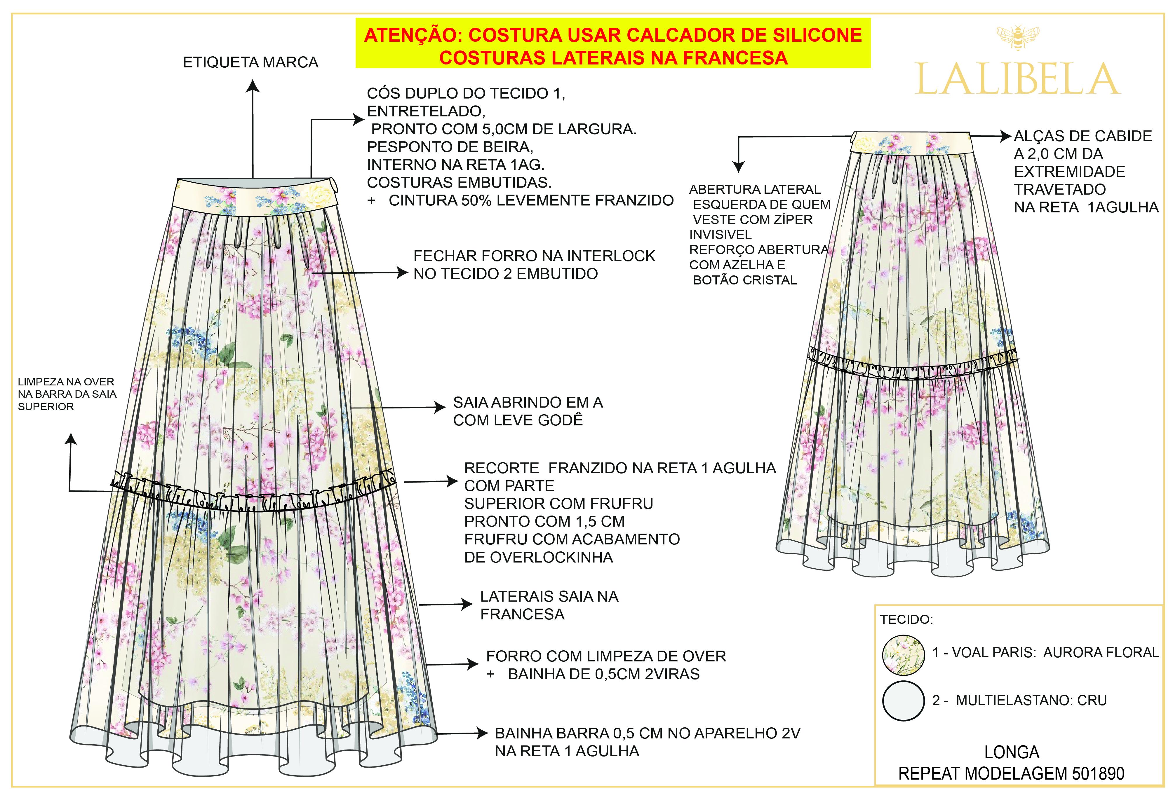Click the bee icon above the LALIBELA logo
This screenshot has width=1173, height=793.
click(1017, 37)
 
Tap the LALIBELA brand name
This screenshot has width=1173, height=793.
click(1017, 80)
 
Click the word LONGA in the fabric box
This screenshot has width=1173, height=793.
click(1012, 752)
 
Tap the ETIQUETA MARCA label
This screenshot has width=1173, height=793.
click(250, 62)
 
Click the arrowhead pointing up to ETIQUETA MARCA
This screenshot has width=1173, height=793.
click(253, 86)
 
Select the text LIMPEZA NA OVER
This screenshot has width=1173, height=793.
click(66, 382)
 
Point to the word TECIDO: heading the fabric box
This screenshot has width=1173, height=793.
click(906, 619)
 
